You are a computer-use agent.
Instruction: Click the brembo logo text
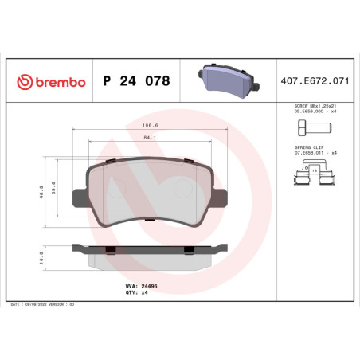(x=49, y=80)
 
